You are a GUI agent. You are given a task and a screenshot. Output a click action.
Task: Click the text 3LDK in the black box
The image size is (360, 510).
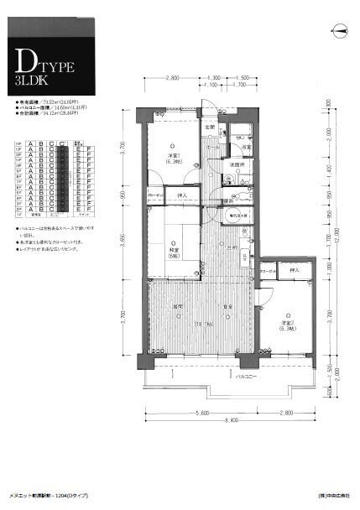coord(32,81)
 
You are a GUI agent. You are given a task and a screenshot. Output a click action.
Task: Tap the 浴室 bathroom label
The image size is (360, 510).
coord(246,147)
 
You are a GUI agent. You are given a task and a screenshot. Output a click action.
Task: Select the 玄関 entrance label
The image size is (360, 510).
coord(211,127)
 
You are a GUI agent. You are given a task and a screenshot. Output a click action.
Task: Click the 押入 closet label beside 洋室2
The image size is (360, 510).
coord(294,270)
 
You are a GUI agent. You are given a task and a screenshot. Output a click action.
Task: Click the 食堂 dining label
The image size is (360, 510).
coord(227,309)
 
